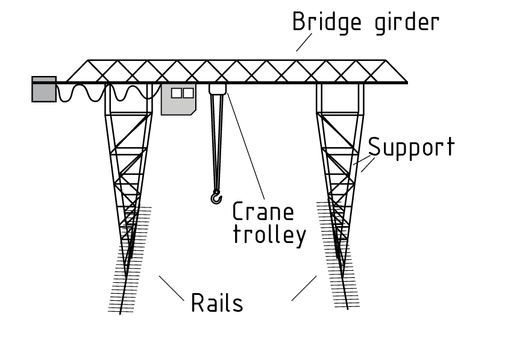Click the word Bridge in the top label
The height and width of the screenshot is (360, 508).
point(327,22)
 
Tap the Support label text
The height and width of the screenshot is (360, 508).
point(412,148)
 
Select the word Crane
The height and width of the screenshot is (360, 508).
point(263,212)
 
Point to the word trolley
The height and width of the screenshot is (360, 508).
point(269,235)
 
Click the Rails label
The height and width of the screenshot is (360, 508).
point(217,303)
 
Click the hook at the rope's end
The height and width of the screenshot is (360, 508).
point(216,197)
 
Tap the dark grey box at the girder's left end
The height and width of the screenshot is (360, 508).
point(44,89)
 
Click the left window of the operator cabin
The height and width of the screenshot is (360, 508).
point(176,93)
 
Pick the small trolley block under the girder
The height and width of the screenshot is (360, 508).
point(218,89)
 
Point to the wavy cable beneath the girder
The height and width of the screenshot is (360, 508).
point(102,93)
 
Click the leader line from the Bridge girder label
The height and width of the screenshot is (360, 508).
point(304,42)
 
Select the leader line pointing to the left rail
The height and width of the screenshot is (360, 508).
point(171,289)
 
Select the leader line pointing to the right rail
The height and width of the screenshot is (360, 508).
point(304,288)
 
